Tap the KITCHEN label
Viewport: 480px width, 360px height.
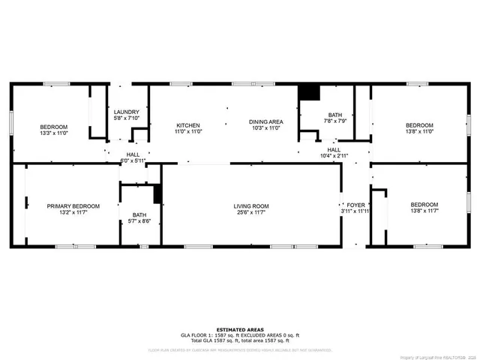187,124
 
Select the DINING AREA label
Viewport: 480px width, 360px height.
265,121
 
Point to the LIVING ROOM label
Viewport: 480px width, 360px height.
251,206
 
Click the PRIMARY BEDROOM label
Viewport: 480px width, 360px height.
73,206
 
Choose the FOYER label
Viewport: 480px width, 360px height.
355,205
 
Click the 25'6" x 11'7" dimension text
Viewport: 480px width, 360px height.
251,213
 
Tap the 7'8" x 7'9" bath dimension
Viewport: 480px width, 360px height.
334,121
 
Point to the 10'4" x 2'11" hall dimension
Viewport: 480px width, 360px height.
334,156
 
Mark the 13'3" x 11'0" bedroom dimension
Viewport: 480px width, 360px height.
54,133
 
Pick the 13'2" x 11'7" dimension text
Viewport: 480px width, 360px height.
73,213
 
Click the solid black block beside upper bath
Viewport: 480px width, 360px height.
309,91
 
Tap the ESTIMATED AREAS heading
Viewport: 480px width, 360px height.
239,329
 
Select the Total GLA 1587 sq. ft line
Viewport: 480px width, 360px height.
239,341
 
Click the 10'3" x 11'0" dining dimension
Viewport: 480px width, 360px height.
265,128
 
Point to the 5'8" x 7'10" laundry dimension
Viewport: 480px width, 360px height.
126,118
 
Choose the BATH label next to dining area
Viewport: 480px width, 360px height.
334,115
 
